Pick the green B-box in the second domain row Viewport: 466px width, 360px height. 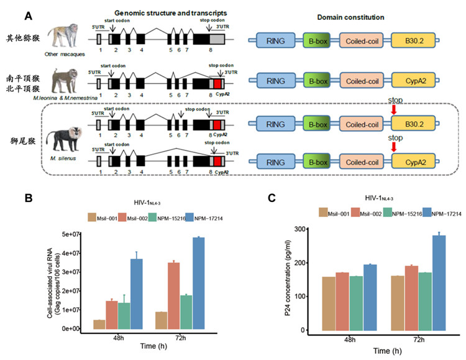pos(316,83)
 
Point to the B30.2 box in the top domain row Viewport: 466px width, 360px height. pos(413,41)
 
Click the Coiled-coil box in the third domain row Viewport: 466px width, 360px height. pos(363,126)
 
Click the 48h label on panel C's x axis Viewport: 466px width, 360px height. pos(349,339)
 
